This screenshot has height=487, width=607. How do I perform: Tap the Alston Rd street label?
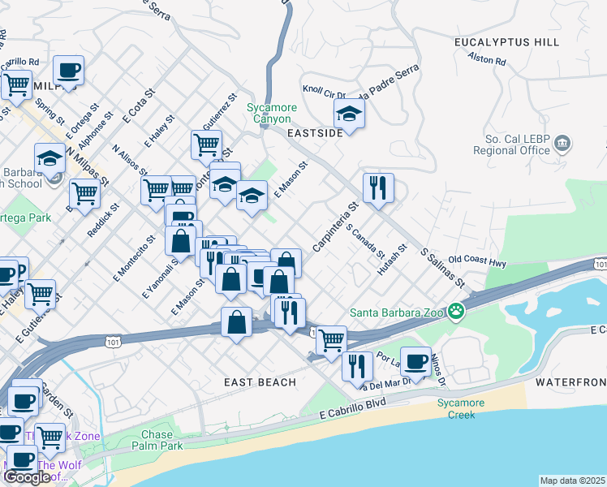(x=487, y=59)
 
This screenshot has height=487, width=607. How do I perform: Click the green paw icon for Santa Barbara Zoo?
(x=458, y=311)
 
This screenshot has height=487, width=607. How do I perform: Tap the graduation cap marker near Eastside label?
(x=349, y=114)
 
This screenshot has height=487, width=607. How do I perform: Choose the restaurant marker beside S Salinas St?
(x=378, y=188)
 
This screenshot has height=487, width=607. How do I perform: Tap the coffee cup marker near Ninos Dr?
(x=415, y=361)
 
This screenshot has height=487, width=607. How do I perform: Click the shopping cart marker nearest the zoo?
(x=330, y=340)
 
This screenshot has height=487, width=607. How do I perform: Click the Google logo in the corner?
(x=27, y=476)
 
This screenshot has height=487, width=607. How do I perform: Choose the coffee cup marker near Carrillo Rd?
(x=68, y=71)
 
